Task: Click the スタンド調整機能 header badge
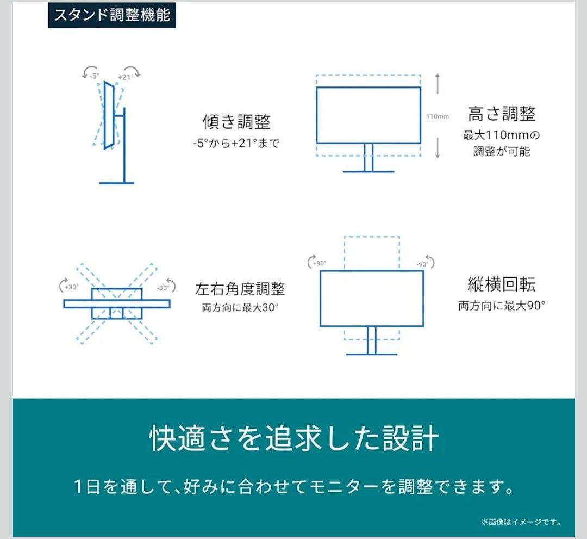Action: pyautogui.click(x=111, y=15)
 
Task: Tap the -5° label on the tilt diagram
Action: pyautogui.click(x=94, y=76)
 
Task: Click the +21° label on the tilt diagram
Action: pyautogui.click(x=125, y=77)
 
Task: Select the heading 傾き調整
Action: pyautogui.click(x=236, y=121)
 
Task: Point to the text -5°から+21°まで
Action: pyautogui.click(x=236, y=144)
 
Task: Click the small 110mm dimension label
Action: pyautogui.click(x=438, y=116)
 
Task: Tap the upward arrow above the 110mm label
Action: pyautogui.click(x=438, y=84)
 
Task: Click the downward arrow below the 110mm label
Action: pyautogui.click(x=438, y=148)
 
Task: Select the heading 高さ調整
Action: pyautogui.click(x=502, y=114)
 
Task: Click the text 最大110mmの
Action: pyautogui.click(x=502, y=134)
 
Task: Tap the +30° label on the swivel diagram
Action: pyautogui.click(x=71, y=287)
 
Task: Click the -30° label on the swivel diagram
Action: pyautogui.click(x=163, y=288)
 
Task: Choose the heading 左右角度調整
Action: pyautogui.click(x=240, y=289)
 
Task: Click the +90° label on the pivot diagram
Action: pyautogui.click(x=320, y=263)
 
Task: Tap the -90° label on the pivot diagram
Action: pyautogui.click(x=422, y=264)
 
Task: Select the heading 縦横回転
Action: pyautogui.click(x=501, y=284)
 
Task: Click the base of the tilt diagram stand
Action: pyautogui.click(x=116, y=183)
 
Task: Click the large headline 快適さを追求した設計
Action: pyautogui.click(x=293, y=439)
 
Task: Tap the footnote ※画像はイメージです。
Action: pyautogui.click(x=521, y=522)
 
